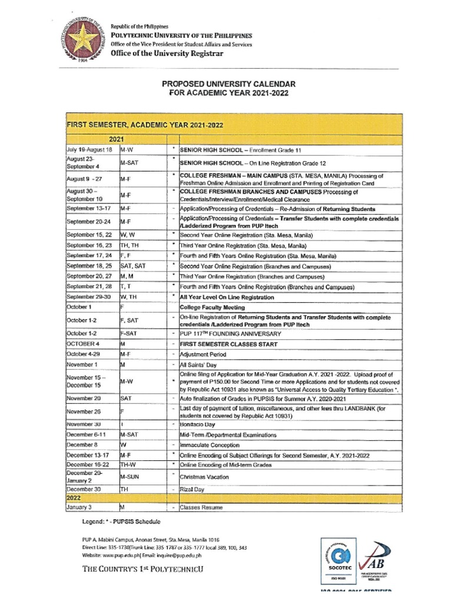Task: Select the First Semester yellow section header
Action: (145, 125)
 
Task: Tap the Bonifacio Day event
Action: (198, 424)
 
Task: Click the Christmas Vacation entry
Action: (204, 477)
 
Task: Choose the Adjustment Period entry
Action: (204, 354)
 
